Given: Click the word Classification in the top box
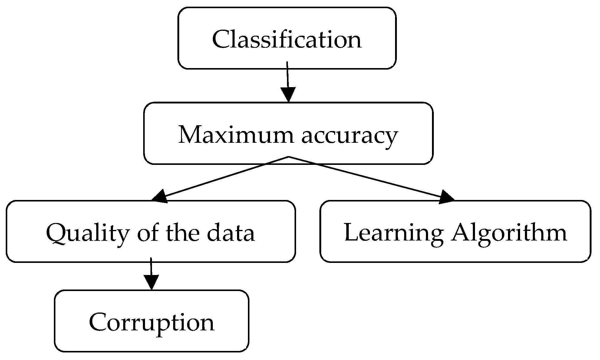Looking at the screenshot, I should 287,39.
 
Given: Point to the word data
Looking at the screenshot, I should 231,233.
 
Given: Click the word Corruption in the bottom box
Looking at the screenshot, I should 151,322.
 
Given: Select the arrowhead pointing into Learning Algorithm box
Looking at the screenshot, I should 446,197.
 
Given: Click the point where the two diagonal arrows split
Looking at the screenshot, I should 288,157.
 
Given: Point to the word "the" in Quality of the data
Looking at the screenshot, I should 183,233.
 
